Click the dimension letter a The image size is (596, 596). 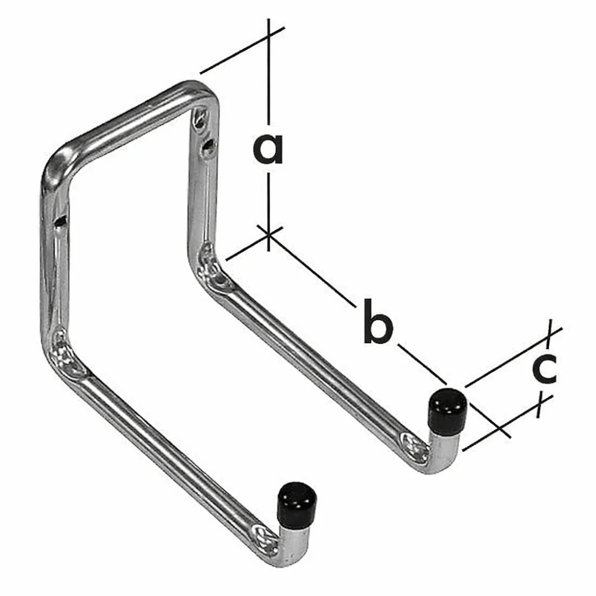(x=268, y=149)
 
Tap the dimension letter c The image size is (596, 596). (x=544, y=368)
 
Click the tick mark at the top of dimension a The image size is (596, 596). (x=269, y=35)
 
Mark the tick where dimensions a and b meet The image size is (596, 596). (x=269, y=234)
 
